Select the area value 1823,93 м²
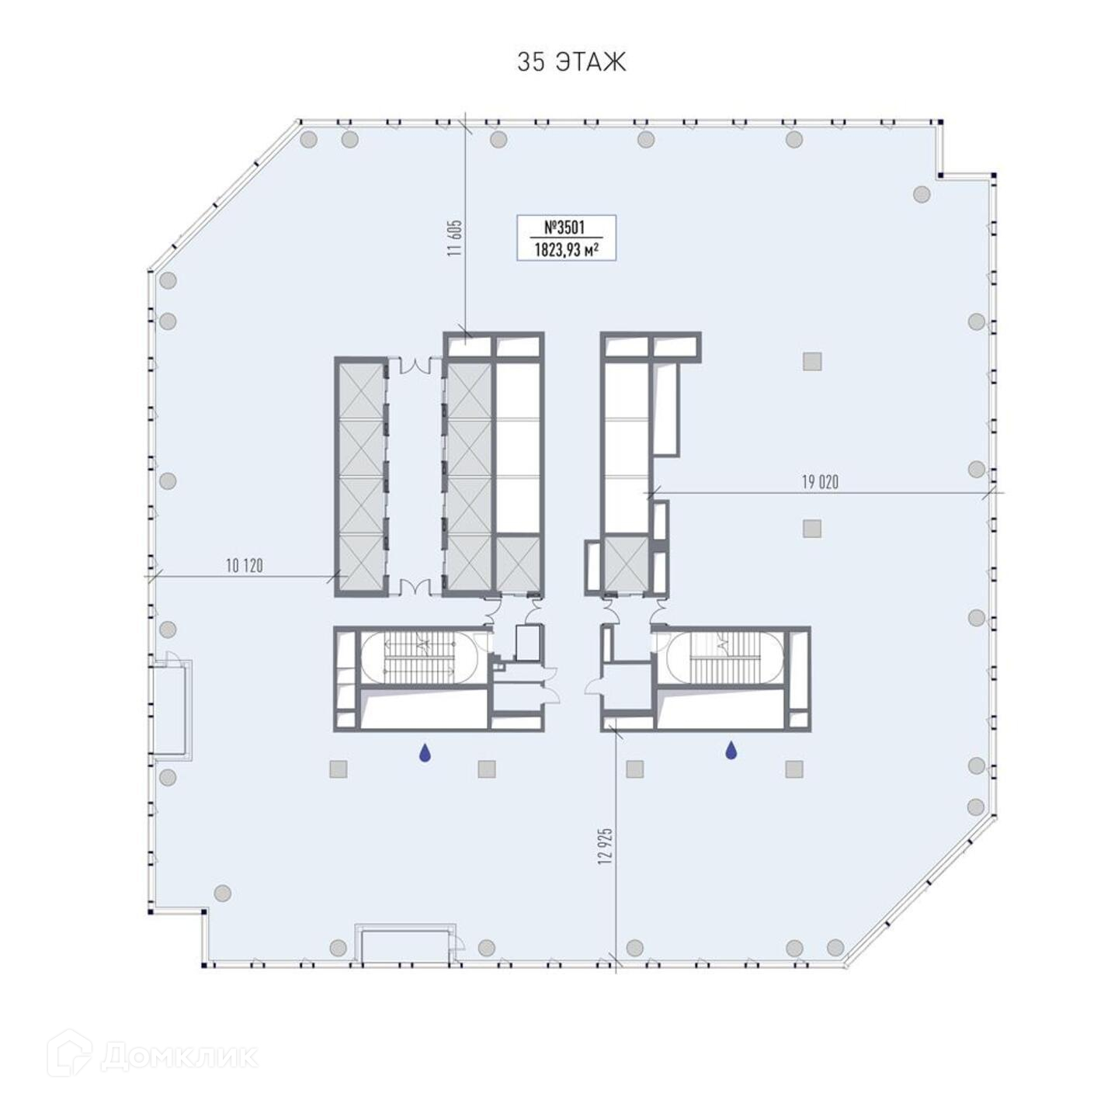tap(566, 252)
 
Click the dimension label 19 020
tap(820, 482)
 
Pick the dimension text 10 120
tap(244, 565)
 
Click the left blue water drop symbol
tap(425, 752)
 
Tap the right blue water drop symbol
tap(731, 751)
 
